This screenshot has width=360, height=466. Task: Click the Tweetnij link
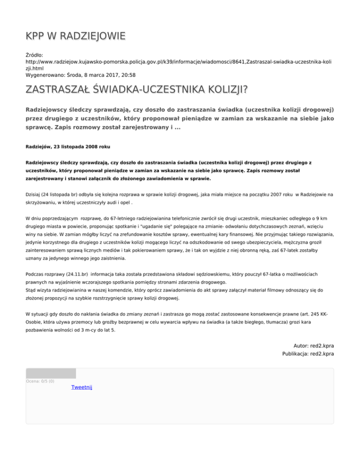[82, 387]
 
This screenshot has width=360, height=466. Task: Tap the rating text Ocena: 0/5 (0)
[40, 381]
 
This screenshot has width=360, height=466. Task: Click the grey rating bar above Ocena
[51, 373]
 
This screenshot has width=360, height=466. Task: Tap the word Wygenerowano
[45, 75]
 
